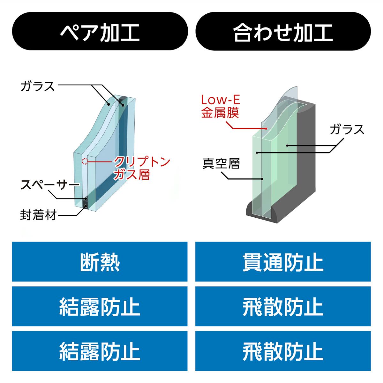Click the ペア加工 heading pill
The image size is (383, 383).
point(100,31)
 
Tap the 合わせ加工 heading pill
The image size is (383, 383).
point(283,31)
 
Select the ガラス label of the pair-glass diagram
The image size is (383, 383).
point(37,86)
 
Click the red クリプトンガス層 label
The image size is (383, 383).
point(142,168)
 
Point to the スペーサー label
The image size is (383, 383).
point(50,185)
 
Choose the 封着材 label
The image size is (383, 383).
point(38,215)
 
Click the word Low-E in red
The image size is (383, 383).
point(221,100)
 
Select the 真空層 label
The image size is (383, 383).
point(221,164)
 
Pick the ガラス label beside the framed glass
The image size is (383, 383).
point(347,129)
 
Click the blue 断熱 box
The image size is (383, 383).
point(100,262)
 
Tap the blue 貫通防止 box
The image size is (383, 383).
point(283,262)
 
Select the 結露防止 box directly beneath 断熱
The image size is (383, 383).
point(100,306)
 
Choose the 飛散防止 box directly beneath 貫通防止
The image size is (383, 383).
point(283,306)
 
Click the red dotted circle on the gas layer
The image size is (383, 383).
point(85,161)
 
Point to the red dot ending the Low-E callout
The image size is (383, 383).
point(266,129)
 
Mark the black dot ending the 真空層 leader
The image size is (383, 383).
point(262,179)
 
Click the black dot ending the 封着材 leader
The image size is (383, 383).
point(86,206)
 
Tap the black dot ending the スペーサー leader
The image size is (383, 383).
point(86,199)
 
